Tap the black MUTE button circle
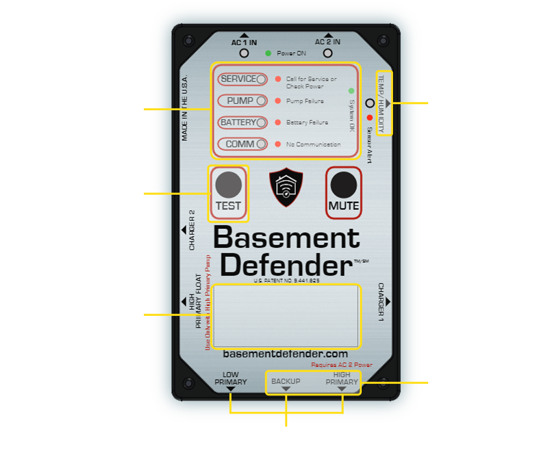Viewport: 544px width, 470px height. (x=344, y=185)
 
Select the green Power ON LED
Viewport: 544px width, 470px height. (x=268, y=53)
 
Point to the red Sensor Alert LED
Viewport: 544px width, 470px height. (x=369, y=117)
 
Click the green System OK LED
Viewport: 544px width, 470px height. (x=351, y=90)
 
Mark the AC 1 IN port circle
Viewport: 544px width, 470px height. (x=244, y=53)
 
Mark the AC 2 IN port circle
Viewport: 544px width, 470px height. (x=328, y=53)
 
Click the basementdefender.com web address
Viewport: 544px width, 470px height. (x=285, y=355)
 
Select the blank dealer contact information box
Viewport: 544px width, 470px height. (x=286, y=315)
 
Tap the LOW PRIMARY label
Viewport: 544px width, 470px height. (x=231, y=379)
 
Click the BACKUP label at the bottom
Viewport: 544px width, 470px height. (x=286, y=381)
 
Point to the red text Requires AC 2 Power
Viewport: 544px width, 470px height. (x=341, y=365)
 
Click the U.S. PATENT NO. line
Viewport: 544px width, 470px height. (x=287, y=280)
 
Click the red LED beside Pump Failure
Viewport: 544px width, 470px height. (x=278, y=101)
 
